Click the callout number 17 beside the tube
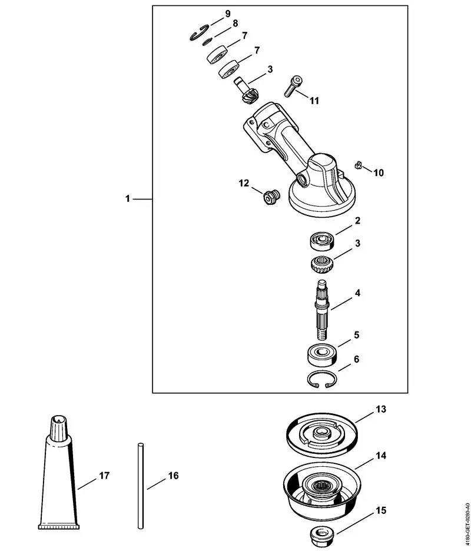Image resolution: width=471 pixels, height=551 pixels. [x=104, y=474]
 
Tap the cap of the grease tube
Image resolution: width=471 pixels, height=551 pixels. [x=58, y=427]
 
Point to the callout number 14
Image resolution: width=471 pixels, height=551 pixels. [x=382, y=456]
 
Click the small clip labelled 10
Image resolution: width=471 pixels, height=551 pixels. [x=357, y=166]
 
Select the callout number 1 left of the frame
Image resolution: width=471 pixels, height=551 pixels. [x=128, y=199]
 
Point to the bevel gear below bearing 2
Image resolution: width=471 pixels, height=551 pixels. [x=323, y=263]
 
